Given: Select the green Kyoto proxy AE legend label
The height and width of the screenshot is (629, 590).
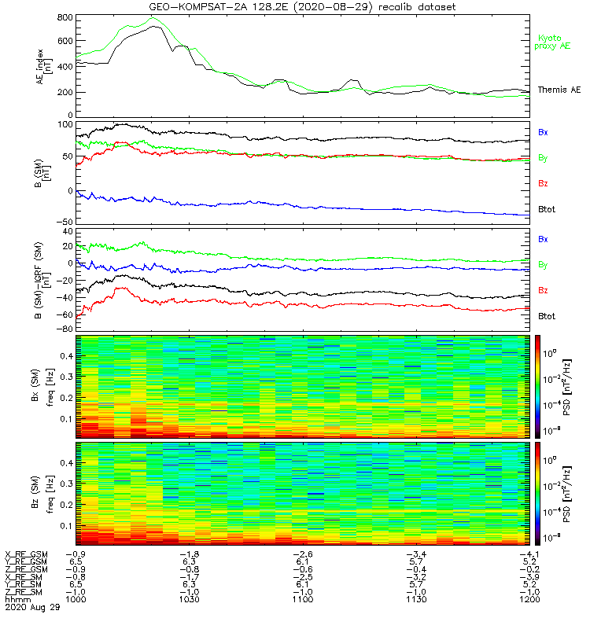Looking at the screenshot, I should click(x=554, y=42).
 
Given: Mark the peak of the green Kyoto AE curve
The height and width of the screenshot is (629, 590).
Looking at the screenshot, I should click(x=152, y=17).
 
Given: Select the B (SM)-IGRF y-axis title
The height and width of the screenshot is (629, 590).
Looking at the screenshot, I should click(x=46, y=281).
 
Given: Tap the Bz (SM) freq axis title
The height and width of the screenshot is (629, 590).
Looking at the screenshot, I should click(x=46, y=491).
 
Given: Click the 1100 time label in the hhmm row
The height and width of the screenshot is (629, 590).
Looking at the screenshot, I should click(x=302, y=600).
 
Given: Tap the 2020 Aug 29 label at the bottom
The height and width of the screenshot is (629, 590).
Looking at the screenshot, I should click(x=28, y=608).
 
